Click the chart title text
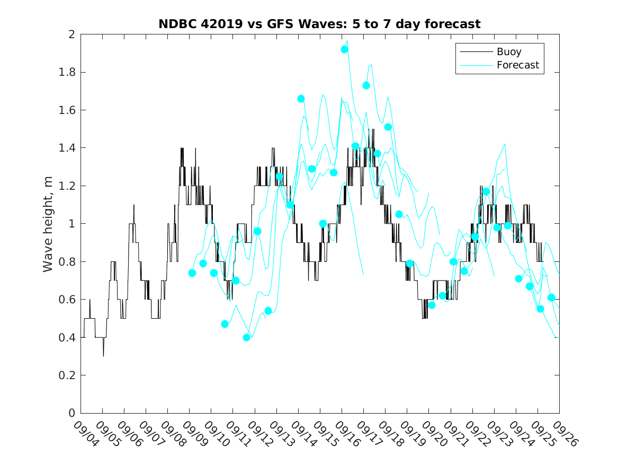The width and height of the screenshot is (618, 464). (319, 24)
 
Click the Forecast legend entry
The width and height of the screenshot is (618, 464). (517, 65)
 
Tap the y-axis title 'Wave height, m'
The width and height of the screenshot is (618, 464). (48, 223)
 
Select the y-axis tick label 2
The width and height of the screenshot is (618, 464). (71, 34)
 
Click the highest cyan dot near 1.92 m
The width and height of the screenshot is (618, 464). (344, 49)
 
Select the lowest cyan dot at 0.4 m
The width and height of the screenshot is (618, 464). (246, 337)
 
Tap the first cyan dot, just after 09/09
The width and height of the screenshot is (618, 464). (192, 273)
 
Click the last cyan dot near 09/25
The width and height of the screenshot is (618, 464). (551, 297)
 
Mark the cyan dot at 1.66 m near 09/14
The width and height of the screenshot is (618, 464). (301, 99)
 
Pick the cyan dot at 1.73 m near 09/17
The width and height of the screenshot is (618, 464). (366, 85)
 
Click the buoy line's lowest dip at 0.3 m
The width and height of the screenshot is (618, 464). (103, 355)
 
